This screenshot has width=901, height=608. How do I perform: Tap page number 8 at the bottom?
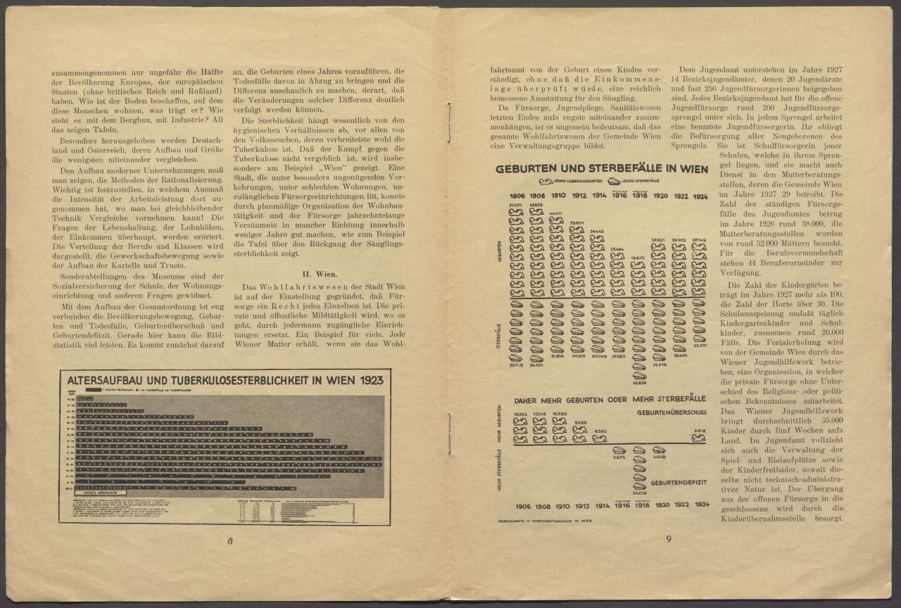(x=230, y=541)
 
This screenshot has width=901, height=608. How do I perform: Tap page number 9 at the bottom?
(x=669, y=539)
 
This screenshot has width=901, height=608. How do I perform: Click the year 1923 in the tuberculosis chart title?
(x=369, y=380)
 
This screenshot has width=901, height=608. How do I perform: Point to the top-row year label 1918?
(x=639, y=195)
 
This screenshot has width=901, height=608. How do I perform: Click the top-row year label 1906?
(x=517, y=195)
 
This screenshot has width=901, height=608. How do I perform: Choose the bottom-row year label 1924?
(x=700, y=505)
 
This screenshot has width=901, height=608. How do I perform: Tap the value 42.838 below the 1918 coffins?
(x=639, y=383)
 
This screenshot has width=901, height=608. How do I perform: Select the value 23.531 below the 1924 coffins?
(x=700, y=346)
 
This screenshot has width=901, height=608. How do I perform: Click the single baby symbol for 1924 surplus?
(x=699, y=438)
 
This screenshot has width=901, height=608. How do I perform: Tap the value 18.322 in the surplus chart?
(x=519, y=414)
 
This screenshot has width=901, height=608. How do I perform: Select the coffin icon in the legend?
(x=624, y=182)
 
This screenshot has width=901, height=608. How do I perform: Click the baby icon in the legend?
(x=547, y=182)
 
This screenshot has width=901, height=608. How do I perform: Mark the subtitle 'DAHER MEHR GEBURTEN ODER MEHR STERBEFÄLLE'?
(x=610, y=399)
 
